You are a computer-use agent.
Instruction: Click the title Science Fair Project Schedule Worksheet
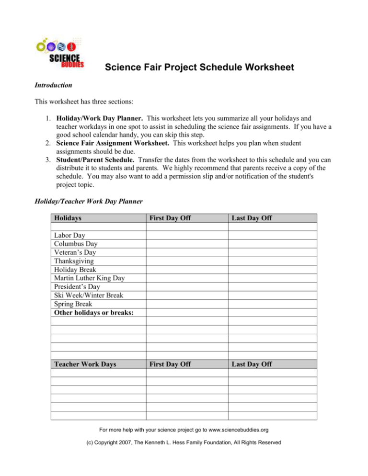(199, 68)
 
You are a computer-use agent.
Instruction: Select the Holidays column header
(68, 218)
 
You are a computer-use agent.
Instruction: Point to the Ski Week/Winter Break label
(89, 295)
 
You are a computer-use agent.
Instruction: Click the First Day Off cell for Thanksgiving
(187, 261)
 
